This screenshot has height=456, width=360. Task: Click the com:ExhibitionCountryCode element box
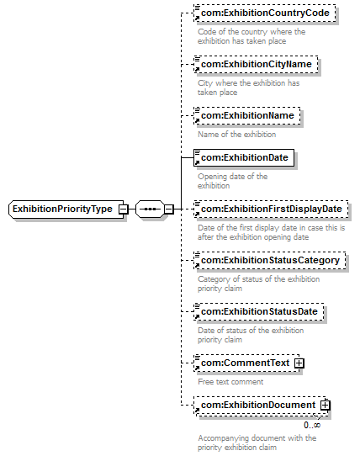(x=265, y=13)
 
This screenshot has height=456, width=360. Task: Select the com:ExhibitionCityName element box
(x=256, y=64)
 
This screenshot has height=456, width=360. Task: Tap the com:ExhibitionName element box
(x=247, y=116)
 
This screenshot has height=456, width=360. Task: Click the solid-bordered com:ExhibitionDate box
(x=244, y=157)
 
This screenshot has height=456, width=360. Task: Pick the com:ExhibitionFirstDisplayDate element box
(x=271, y=209)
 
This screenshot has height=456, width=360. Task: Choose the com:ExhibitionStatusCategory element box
(x=270, y=260)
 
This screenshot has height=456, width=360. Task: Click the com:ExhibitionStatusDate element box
(x=259, y=312)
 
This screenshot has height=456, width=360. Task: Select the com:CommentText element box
(x=246, y=363)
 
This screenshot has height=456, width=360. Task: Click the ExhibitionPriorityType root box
(x=66, y=209)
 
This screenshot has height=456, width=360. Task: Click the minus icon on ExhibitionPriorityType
(x=124, y=209)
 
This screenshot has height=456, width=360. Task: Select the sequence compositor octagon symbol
(x=150, y=209)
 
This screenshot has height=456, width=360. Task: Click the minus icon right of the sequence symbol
(x=169, y=209)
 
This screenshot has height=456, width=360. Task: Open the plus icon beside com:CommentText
(x=299, y=363)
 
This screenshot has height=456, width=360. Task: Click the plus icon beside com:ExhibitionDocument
(x=326, y=406)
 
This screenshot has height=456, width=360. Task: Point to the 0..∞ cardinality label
(x=312, y=425)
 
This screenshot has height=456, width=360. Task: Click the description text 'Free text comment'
(x=230, y=382)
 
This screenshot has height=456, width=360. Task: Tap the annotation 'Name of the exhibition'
(x=237, y=135)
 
